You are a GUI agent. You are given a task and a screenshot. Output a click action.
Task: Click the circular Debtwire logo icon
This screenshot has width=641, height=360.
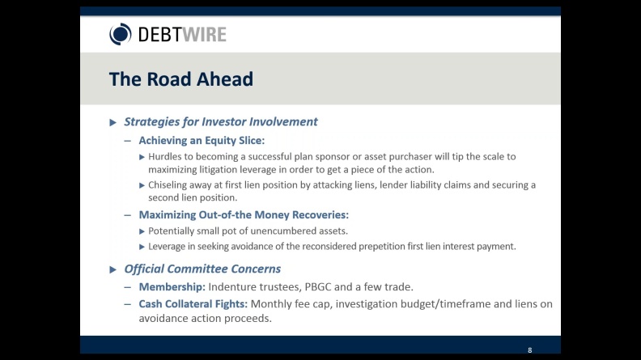[x=120, y=34]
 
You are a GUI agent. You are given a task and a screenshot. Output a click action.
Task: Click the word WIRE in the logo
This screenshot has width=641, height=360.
[x=204, y=35]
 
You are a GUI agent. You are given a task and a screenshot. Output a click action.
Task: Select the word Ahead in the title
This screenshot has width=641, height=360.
[x=225, y=78]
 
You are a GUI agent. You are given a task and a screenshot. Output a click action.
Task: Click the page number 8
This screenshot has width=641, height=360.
[x=530, y=350]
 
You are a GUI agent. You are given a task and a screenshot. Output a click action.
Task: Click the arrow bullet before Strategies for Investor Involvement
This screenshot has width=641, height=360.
[x=113, y=122]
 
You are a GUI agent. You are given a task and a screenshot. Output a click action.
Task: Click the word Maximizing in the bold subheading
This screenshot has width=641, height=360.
[x=168, y=215]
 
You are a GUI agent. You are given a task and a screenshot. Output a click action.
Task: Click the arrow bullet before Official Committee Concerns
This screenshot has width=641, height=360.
[x=113, y=269]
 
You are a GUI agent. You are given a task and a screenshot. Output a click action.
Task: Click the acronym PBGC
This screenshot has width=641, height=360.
[x=318, y=287]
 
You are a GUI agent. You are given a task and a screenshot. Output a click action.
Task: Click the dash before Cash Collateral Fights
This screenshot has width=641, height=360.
[x=128, y=304]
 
